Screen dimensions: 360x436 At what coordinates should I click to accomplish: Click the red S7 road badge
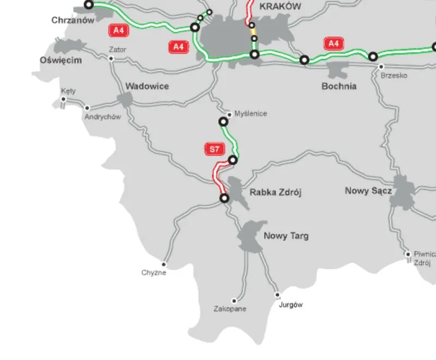(x=212, y=148)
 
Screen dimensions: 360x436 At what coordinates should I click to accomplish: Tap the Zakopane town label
(x=230, y=309)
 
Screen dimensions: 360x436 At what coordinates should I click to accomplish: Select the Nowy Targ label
(x=286, y=236)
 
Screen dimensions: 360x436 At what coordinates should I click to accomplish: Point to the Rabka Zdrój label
(x=275, y=192)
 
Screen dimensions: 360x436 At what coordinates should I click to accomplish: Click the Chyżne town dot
(x=163, y=264)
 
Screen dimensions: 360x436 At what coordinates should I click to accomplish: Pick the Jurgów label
(x=290, y=305)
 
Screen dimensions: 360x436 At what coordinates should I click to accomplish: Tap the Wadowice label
(x=147, y=86)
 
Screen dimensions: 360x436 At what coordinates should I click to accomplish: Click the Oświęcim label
(x=61, y=60)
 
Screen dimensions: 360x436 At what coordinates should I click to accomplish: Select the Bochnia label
(x=339, y=86)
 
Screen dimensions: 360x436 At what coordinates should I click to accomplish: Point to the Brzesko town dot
(x=380, y=67)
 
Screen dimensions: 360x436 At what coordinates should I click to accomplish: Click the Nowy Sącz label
(x=368, y=191)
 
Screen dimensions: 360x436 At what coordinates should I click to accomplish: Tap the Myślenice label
(x=250, y=114)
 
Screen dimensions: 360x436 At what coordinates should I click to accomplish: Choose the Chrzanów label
(x=73, y=20)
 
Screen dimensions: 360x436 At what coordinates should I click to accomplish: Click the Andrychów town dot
(x=87, y=108)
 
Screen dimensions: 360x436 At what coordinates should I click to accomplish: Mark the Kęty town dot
(x=64, y=99)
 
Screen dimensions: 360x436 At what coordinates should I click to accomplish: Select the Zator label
(x=118, y=49)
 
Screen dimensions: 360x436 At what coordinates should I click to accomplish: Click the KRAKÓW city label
(x=280, y=7)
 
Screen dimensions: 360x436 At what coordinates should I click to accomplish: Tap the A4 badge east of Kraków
(x=333, y=43)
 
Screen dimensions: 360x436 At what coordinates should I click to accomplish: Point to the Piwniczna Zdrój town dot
(x=408, y=254)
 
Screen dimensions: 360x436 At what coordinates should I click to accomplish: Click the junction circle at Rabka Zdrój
(x=224, y=198)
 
